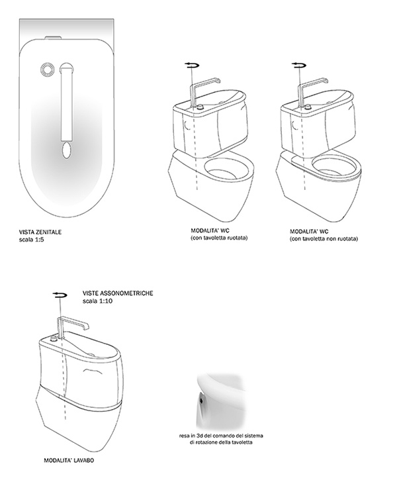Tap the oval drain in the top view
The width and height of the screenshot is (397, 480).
point(66,150)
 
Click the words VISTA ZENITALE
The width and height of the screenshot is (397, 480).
point(40,232)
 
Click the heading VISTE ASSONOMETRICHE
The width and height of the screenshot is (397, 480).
point(118,293)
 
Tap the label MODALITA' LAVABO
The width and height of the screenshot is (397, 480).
point(69,460)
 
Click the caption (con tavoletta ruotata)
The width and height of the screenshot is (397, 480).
point(219,238)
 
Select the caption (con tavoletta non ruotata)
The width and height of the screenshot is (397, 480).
point(324,239)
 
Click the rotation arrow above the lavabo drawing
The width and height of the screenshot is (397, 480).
point(60,295)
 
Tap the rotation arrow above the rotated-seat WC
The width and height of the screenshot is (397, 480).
point(192,65)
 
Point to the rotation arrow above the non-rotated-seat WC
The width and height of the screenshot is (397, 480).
point(299,65)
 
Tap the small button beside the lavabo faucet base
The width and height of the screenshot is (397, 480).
point(54,338)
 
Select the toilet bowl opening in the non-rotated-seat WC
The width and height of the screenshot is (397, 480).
point(334,168)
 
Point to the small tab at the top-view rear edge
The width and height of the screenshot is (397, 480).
point(53,38)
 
